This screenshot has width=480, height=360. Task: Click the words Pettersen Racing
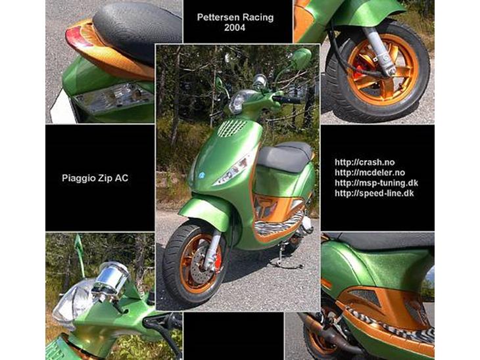click(x=235, y=17)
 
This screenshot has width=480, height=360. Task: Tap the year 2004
click(x=235, y=28)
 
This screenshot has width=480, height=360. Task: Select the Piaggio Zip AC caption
click(x=95, y=178)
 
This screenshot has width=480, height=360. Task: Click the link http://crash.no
click(x=364, y=162)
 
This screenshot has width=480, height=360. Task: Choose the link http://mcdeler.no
click(x=370, y=173)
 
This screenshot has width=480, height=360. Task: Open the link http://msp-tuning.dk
click(x=376, y=183)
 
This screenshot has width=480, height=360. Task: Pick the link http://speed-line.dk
click(x=374, y=193)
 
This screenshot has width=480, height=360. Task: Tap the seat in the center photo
click(x=285, y=156)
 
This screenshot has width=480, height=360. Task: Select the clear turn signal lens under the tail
click(x=113, y=97)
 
